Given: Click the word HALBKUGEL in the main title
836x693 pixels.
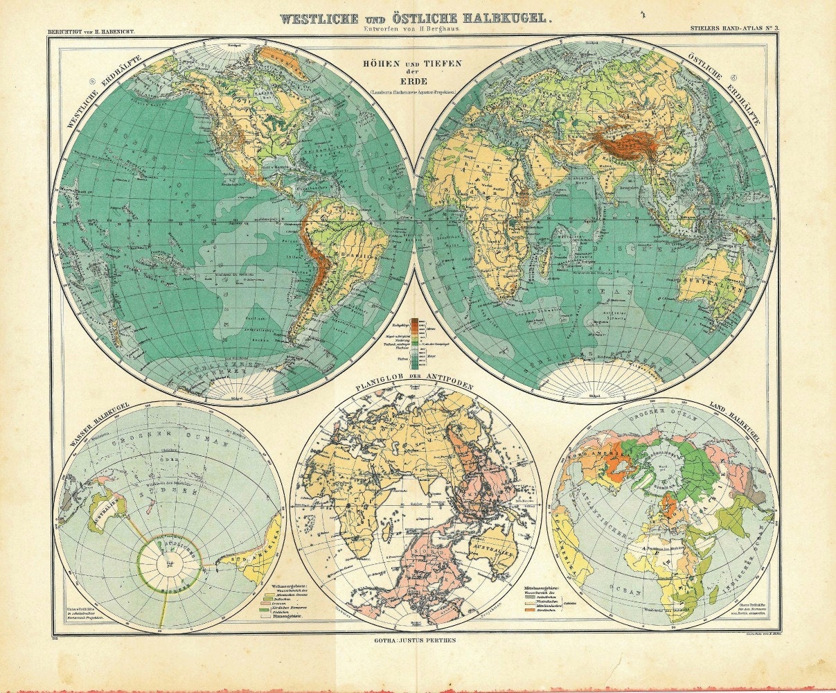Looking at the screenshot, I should (492, 19).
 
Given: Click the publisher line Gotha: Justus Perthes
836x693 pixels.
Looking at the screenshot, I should (413, 641).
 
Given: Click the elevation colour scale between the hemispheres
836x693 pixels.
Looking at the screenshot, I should (418, 340).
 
